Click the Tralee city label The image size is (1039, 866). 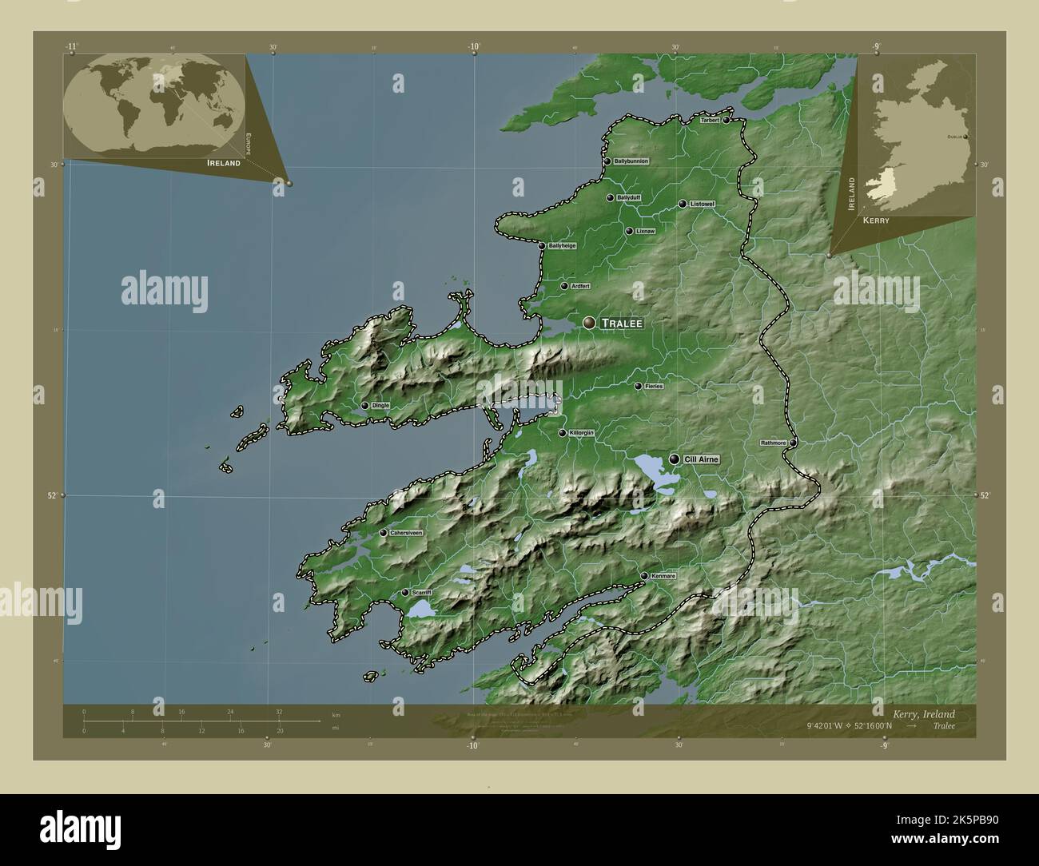pos(623,324)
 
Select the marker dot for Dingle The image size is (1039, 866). pos(365,406)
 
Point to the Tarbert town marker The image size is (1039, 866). pos(727,121)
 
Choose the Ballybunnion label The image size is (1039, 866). pos(631,161)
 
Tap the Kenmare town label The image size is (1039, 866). pos(663,576)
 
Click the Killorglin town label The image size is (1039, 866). pos(581,433)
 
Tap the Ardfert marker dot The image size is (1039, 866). pos(564,286)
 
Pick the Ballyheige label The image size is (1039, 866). pos(562,246)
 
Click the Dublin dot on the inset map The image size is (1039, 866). pos(966,137)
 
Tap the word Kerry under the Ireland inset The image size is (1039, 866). pos(874,220)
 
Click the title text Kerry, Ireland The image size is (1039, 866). pos(924,714)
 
